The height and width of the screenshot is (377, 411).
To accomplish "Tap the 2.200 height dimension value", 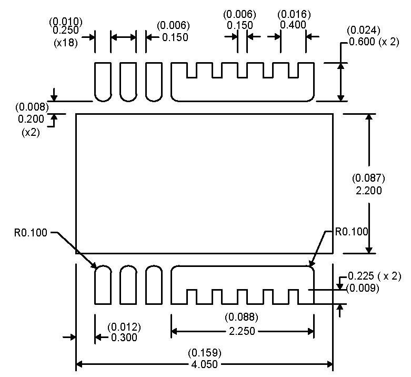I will [369, 191].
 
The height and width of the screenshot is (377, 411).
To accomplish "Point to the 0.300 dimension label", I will [124, 338].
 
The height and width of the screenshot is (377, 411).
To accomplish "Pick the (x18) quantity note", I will [66, 43].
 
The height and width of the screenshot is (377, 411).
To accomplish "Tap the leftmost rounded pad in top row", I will [102, 82].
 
